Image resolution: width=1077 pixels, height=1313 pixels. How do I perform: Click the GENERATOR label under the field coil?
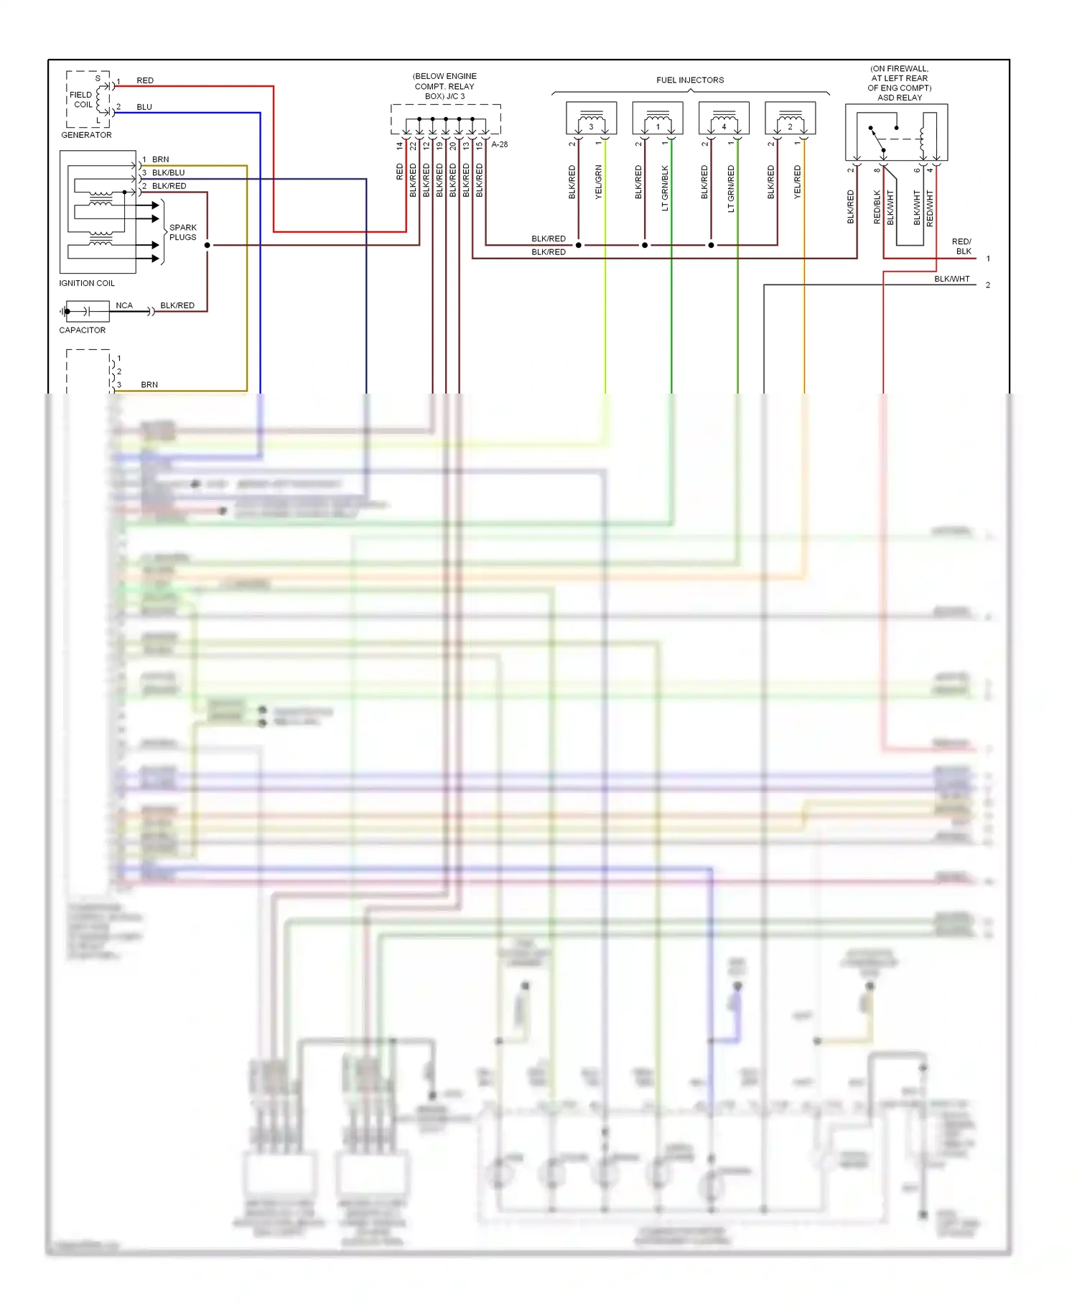(86, 135)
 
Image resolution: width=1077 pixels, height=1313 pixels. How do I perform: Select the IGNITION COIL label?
(87, 283)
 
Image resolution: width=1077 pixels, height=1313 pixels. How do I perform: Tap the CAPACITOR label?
(82, 330)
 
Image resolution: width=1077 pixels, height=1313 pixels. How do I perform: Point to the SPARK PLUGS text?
(182, 232)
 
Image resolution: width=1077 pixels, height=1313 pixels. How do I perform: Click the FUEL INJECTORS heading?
(689, 80)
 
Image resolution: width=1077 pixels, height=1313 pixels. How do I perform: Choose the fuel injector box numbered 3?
(591, 118)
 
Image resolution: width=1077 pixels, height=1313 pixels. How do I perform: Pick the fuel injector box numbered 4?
(724, 118)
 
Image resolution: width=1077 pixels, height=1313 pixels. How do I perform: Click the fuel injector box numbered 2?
(790, 118)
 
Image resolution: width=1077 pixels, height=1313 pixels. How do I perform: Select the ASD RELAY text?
(899, 98)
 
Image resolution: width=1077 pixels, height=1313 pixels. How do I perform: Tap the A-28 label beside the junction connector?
(500, 144)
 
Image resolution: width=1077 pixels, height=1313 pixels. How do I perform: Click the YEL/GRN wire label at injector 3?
(599, 182)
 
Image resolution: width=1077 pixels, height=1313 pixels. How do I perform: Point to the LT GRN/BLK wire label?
(665, 188)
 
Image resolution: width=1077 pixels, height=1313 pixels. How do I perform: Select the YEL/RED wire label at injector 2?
(798, 182)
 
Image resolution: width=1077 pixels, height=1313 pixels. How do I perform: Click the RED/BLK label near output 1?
(962, 246)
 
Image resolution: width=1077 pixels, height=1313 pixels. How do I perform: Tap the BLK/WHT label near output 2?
(951, 279)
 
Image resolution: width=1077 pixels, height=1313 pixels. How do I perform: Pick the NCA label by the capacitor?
(124, 305)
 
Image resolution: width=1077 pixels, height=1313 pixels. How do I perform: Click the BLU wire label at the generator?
(144, 107)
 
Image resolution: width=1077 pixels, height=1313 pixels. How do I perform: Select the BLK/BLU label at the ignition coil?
(168, 172)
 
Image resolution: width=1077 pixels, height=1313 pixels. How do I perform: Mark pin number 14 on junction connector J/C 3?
(400, 146)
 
